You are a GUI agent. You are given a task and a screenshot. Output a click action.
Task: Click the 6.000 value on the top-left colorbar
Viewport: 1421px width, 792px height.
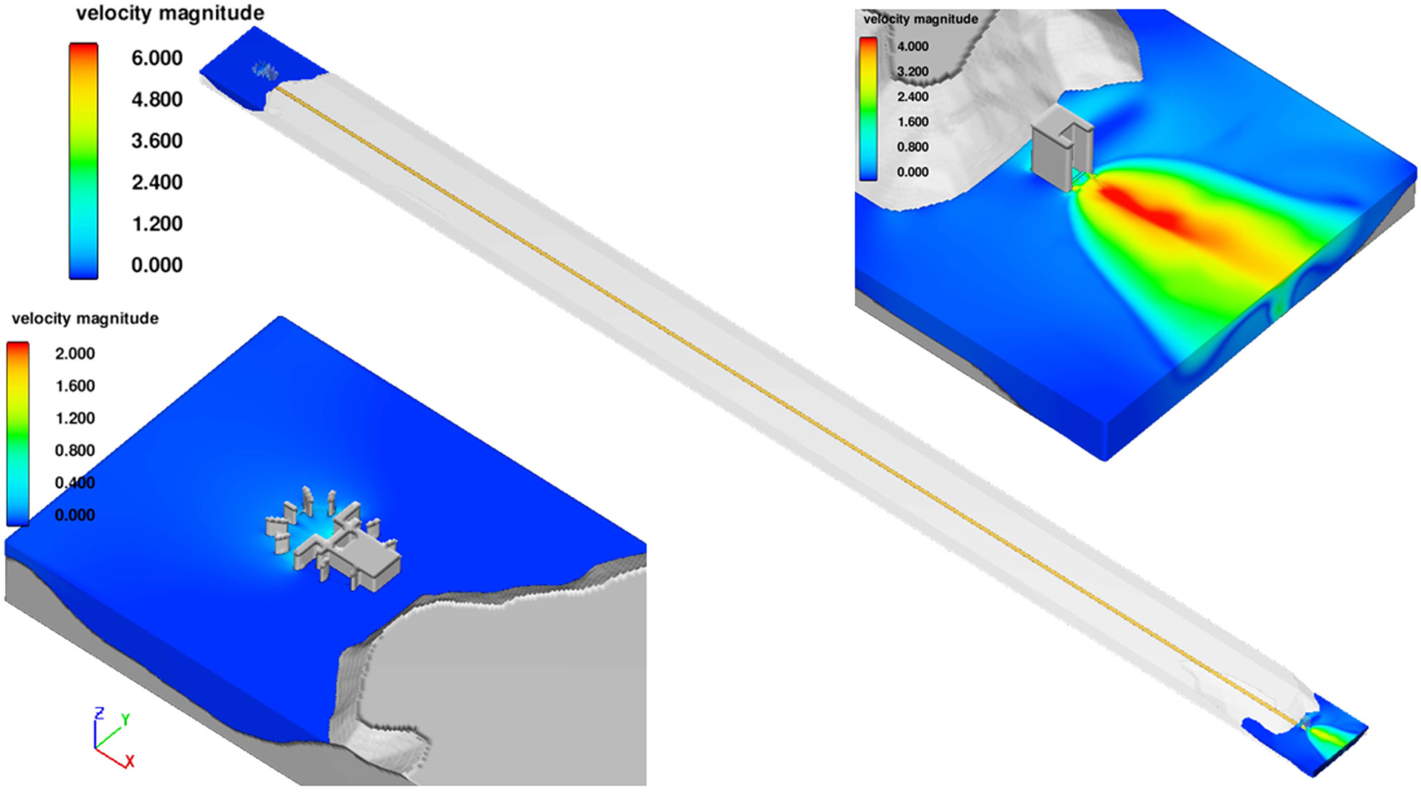tap(157, 58)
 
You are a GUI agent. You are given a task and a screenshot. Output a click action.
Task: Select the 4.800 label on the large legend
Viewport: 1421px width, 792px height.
tap(157, 99)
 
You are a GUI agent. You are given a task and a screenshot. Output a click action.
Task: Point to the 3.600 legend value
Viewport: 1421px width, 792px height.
tap(157, 141)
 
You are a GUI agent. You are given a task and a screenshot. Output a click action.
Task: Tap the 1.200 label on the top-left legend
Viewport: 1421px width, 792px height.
tap(157, 224)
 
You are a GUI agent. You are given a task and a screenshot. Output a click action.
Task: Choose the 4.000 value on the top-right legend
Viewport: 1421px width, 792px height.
tap(912, 46)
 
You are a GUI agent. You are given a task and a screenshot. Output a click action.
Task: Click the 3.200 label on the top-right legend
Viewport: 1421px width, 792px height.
tap(912, 71)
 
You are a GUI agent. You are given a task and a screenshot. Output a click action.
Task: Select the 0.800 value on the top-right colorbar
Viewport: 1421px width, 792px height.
tap(912, 147)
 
